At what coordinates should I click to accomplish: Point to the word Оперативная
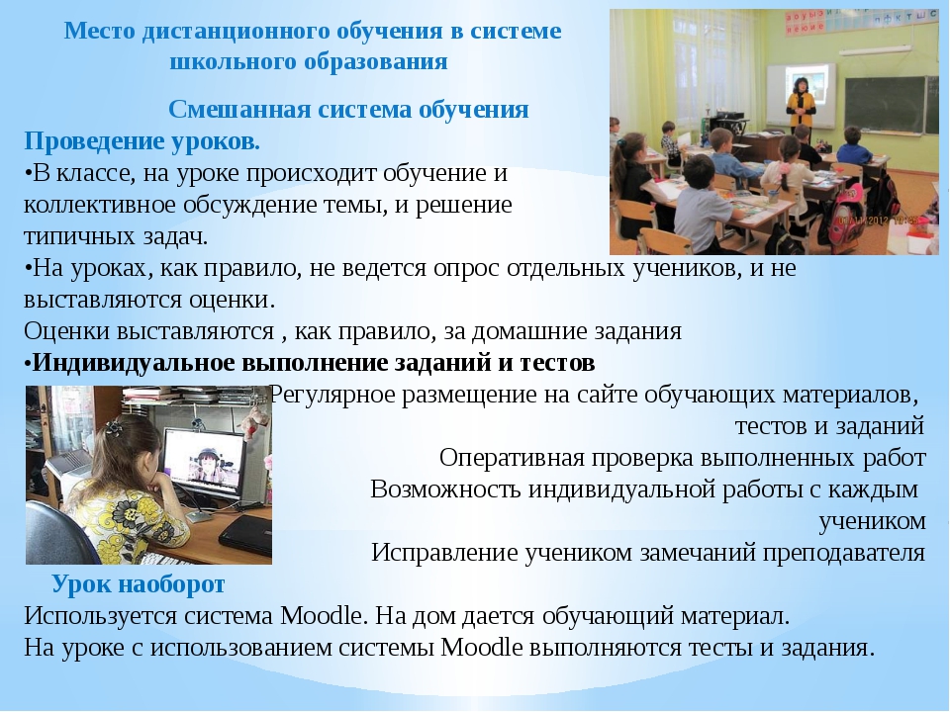512,458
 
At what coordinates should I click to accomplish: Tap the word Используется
100,616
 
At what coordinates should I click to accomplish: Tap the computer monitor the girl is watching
205,464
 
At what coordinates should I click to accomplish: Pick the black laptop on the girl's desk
245,533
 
